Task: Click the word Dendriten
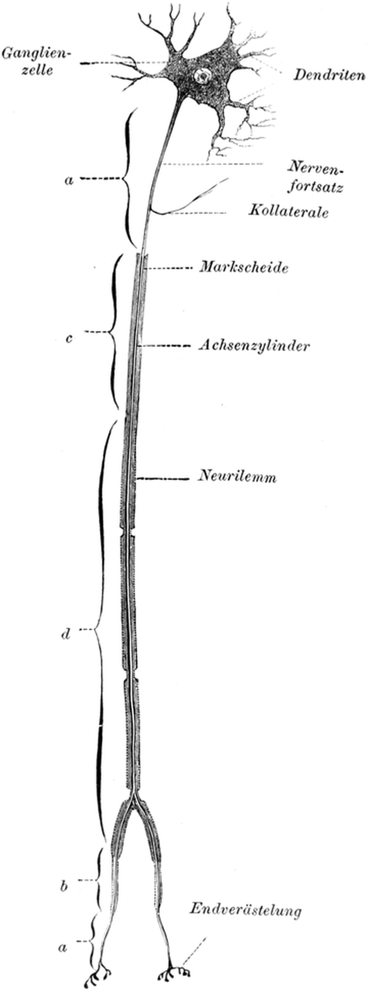pyautogui.click(x=329, y=76)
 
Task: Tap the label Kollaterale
pyautogui.click(x=288, y=211)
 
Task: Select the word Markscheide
pyautogui.click(x=243, y=267)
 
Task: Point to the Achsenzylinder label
pyautogui.click(x=254, y=346)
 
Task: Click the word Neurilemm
pyautogui.click(x=237, y=478)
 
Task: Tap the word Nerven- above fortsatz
pyautogui.click(x=315, y=167)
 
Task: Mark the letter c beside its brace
pyautogui.click(x=70, y=338)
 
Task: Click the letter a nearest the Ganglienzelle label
pyautogui.click(x=70, y=180)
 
